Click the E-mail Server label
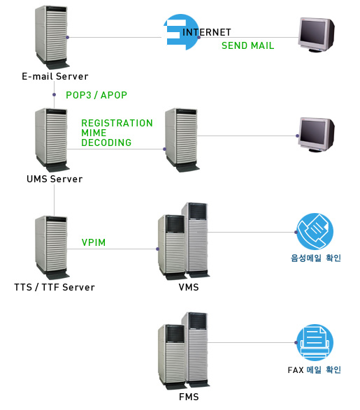55,76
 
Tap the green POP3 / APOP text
96,95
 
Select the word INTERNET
207,32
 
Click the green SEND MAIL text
247,45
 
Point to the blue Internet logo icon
180,32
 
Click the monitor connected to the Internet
317,35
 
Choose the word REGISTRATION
117,123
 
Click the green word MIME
94,133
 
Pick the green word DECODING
106,142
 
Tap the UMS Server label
55,179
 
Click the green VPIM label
94,242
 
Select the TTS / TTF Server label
55,287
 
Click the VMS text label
189,287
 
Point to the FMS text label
189,397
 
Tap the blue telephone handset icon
315,231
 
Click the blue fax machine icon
315,342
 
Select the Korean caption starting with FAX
315,369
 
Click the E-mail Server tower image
52,37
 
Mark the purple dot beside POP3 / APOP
54,95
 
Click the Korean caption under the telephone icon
316,258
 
